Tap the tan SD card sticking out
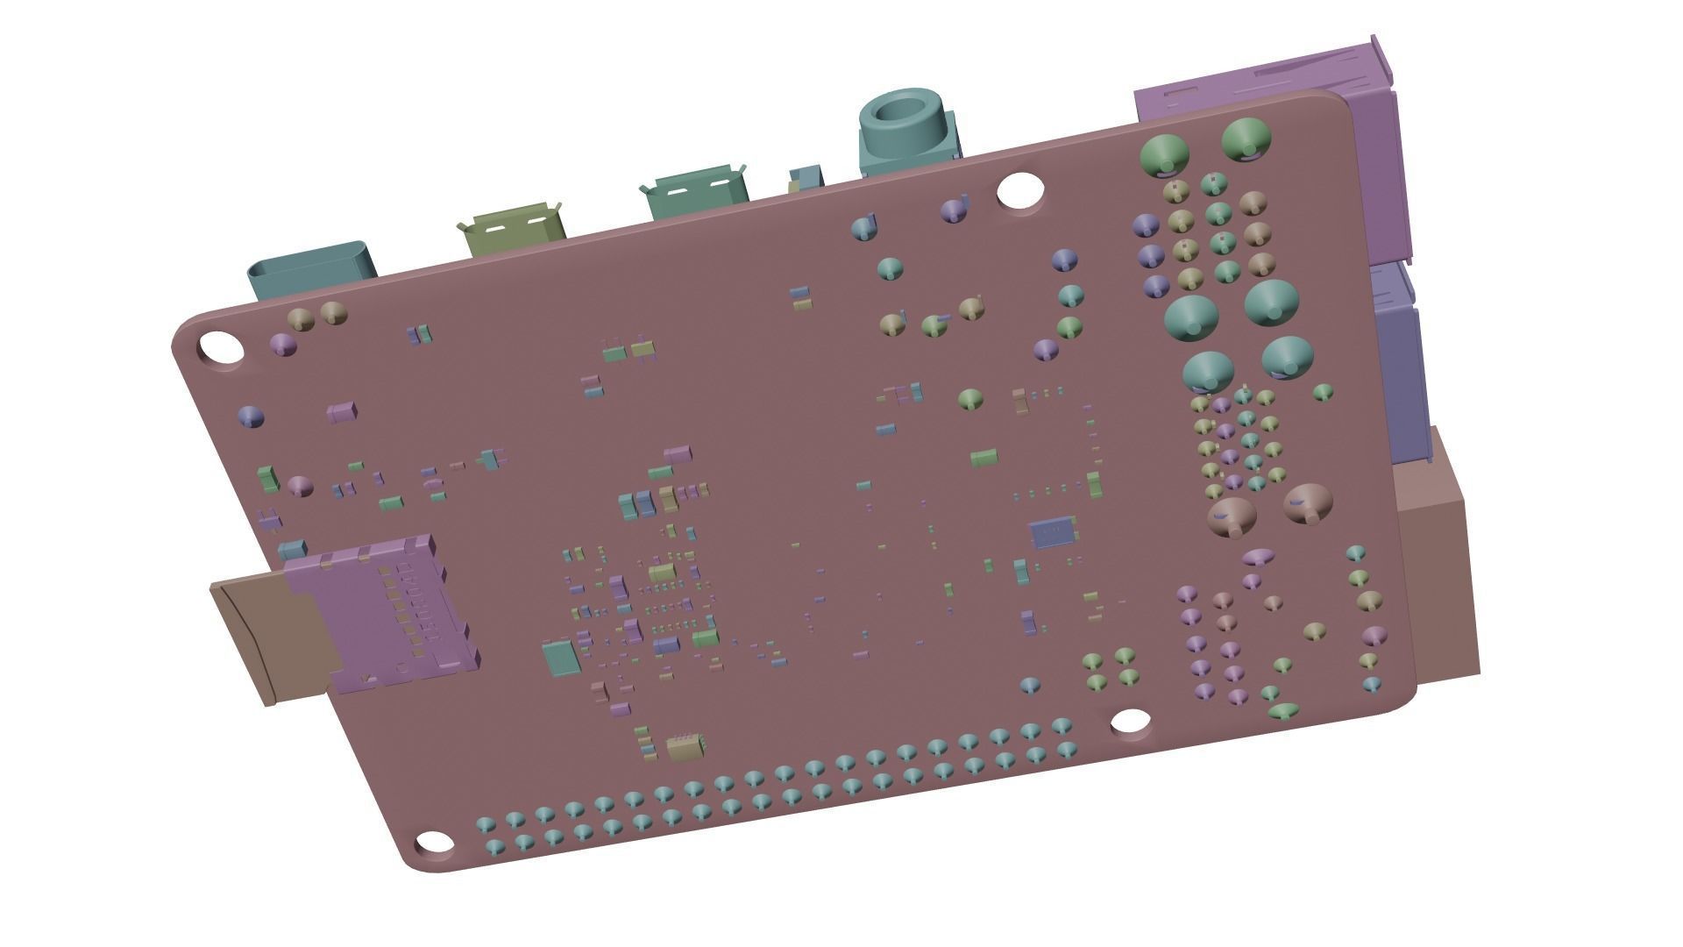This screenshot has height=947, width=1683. tap(263, 636)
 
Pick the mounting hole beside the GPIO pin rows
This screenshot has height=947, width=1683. tap(1131, 722)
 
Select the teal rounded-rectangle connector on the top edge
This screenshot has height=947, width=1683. tap(313, 267)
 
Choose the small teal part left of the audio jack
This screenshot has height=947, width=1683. tap(805, 177)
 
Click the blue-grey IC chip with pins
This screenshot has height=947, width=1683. tap(1053, 531)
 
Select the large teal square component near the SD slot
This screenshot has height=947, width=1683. tap(560, 658)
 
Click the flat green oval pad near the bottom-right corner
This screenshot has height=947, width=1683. tap(1283, 710)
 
